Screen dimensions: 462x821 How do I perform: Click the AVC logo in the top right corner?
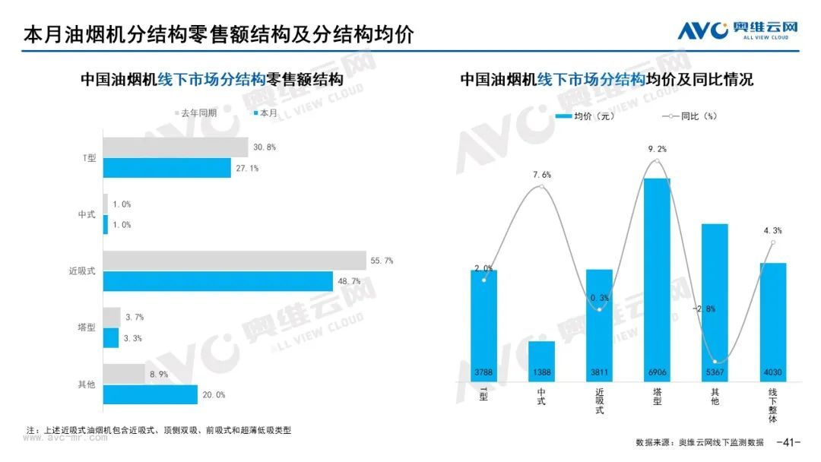[737, 30]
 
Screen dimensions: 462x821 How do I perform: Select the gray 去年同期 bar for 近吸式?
[234, 261]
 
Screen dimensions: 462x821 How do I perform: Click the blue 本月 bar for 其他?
[151, 395]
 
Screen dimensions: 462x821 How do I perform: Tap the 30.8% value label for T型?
[265, 147]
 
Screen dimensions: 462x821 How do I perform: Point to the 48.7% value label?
[349, 281]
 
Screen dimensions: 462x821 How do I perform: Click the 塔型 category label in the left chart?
[87, 328]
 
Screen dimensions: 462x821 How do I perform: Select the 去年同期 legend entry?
[195, 112]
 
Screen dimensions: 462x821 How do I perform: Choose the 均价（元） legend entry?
[585, 116]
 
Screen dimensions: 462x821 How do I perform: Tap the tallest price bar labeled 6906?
[657, 274]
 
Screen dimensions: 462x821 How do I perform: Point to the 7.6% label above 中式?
[541, 175]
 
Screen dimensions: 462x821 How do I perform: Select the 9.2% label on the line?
[657, 150]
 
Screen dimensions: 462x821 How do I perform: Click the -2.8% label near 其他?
[703, 309]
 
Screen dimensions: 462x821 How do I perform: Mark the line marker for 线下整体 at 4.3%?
[772, 243]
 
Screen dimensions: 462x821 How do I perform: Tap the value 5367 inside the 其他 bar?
[715, 372]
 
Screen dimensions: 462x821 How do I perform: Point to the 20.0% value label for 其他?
[214, 395]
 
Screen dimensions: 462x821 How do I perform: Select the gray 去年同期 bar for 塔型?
[112, 317]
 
